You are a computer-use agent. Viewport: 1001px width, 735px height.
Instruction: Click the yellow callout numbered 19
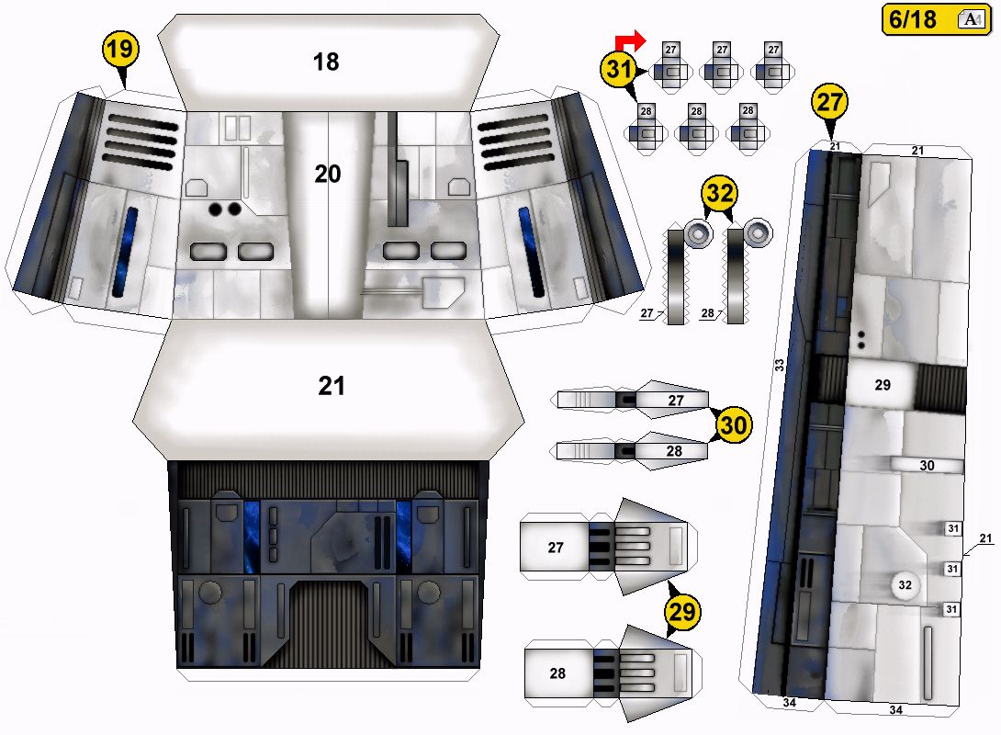pos(120,50)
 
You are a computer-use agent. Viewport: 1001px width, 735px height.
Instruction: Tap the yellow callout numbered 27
pos(829,103)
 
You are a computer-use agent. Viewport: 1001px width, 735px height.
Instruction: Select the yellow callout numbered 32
pos(719,196)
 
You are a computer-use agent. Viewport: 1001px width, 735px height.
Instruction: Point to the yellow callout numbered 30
pos(734,425)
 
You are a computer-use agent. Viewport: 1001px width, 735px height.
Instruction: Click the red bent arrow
pos(630,39)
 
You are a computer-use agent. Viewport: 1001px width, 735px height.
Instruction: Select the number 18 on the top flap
pos(326,62)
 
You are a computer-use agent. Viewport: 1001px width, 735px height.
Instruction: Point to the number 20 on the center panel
pos(328,174)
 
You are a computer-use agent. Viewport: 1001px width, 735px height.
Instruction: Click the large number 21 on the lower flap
pos(332,386)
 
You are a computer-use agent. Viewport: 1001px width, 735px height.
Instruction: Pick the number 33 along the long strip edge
pos(780,366)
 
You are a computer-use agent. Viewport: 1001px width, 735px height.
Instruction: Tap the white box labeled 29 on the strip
pos(883,385)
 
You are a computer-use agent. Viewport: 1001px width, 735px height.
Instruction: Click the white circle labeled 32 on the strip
pos(905,584)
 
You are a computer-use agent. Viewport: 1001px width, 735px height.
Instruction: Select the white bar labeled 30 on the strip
pos(926,466)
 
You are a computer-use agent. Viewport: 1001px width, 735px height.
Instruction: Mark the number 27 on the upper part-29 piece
pos(556,548)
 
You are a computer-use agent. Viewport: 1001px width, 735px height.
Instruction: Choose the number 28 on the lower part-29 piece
pos(557,673)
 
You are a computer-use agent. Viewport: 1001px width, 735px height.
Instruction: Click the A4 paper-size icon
pos(969,19)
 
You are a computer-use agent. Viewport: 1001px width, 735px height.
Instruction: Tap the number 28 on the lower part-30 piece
pos(676,451)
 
